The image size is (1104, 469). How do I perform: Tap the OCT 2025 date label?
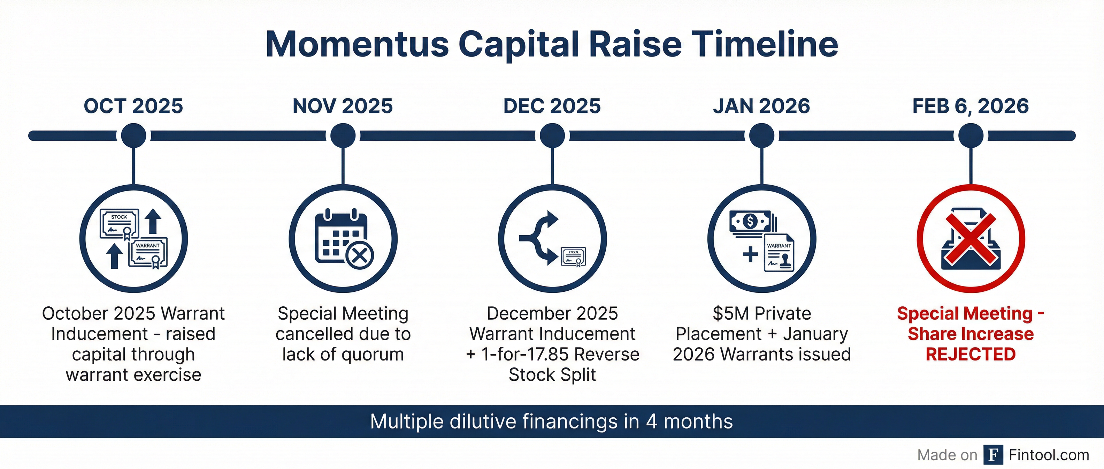pos(133,106)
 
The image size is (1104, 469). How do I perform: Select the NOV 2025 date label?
pos(343,106)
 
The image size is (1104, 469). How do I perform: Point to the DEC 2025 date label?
pos(552,106)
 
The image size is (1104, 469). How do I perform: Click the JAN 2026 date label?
pos(761,106)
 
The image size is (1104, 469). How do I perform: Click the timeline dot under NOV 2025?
pos(343,136)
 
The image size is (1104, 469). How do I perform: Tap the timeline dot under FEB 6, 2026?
pos(971,136)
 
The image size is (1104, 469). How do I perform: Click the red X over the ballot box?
pos(971,239)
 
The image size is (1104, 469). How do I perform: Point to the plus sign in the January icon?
pos(750,254)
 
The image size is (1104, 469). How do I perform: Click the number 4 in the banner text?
pos(651,422)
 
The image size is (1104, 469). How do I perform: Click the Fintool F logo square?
pos(993,455)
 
